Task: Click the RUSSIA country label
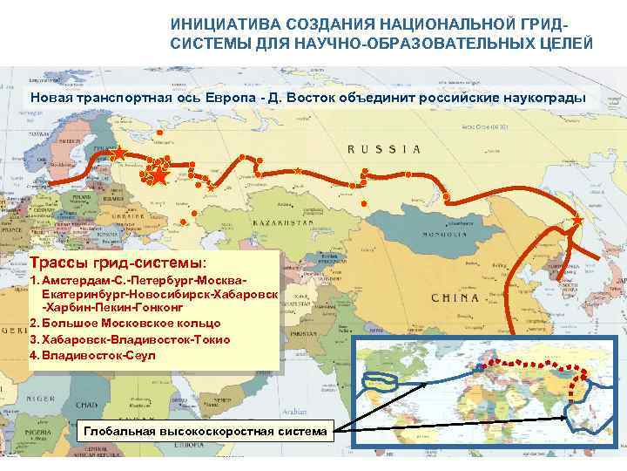tap(384, 149)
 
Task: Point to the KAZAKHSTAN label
tap(282, 224)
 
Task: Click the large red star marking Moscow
tap(159, 176)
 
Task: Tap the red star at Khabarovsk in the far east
tap(576, 222)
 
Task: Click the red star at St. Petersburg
tap(118, 154)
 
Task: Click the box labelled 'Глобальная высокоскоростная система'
tap(206, 432)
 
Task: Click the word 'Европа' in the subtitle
tap(233, 96)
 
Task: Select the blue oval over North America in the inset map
tap(379, 381)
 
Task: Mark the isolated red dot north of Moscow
tap(159, 132)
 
